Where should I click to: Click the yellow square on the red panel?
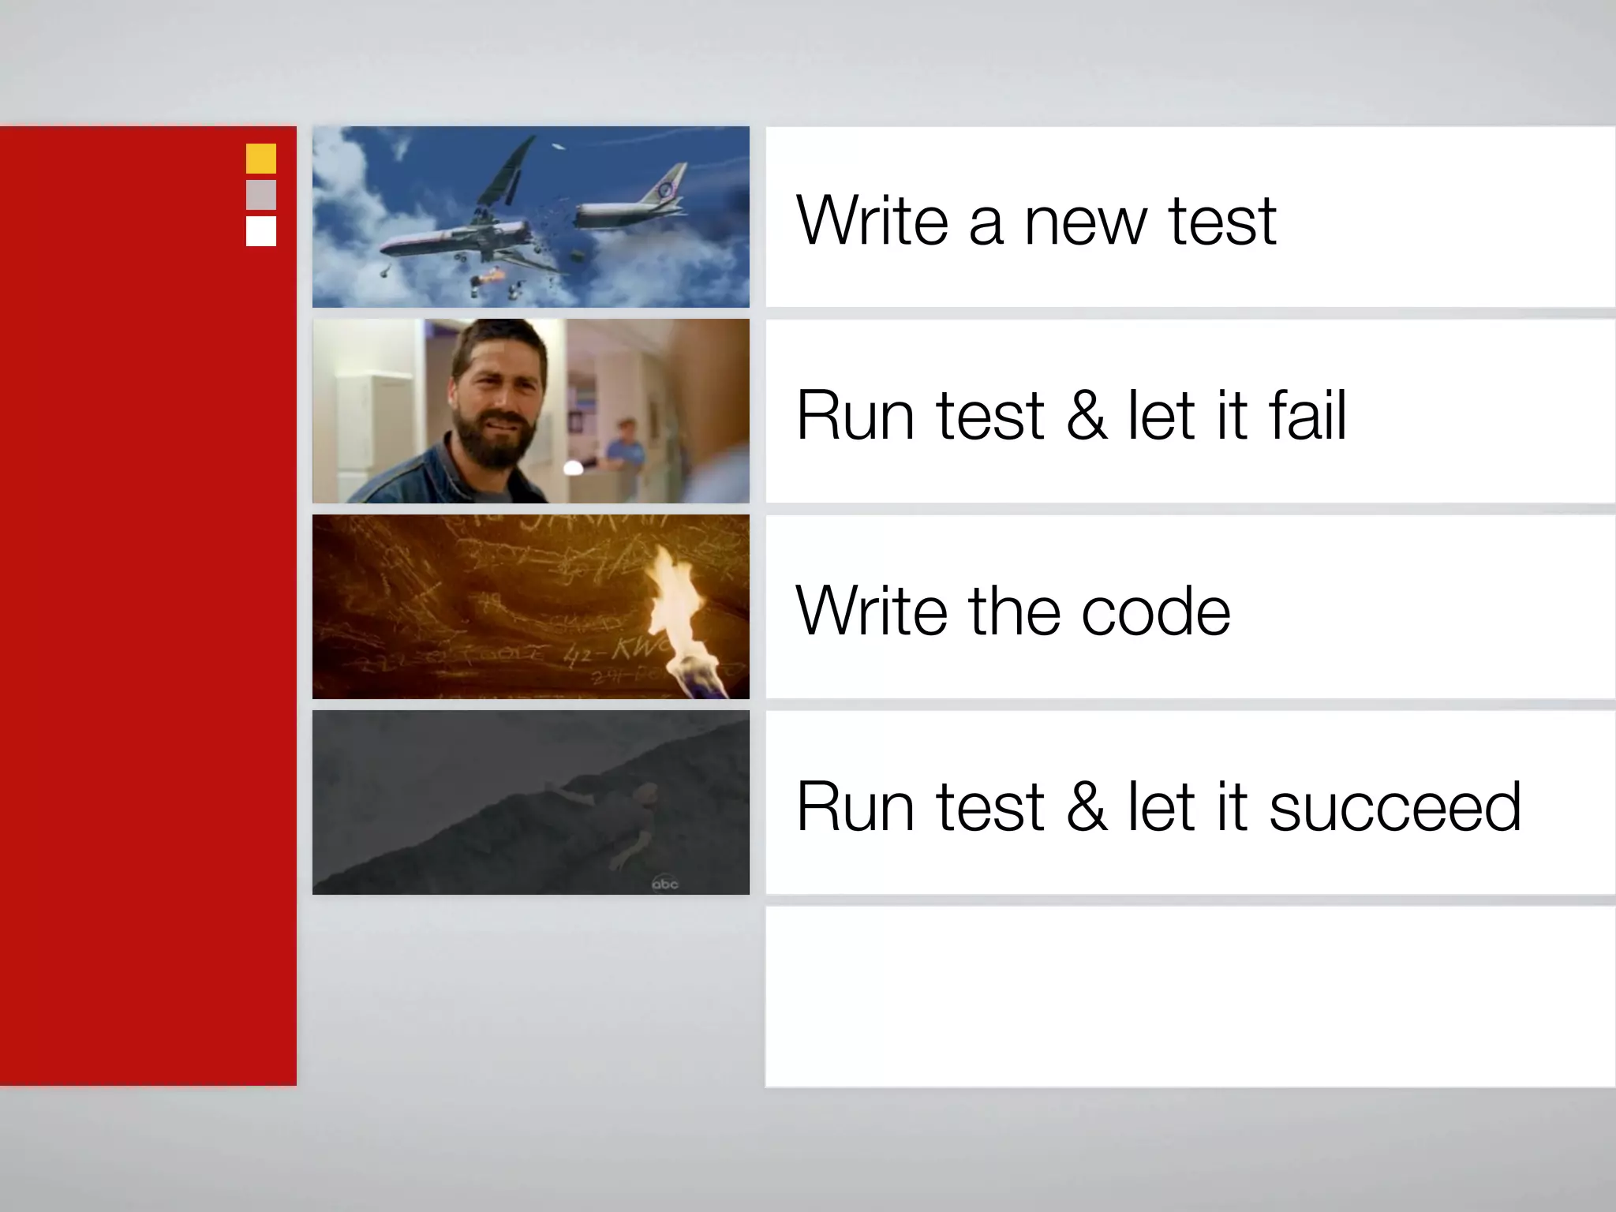pyautogui.click(x=261, y=159)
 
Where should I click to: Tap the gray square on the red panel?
pyautogui.click(x=261, y=195)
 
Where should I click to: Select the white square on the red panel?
pyautogui.click(x=261, y=231)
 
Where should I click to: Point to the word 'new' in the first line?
pyautogui.click(x=1086, y=223)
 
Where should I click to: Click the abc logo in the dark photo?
pyautogui.click(x=664, y=884)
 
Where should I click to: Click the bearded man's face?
pyautogui.click(x=497, y=402)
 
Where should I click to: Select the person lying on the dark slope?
pyautogui.click(x=623, y=821)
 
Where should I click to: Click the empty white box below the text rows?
pyautogui.click(x=1190, y=997)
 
